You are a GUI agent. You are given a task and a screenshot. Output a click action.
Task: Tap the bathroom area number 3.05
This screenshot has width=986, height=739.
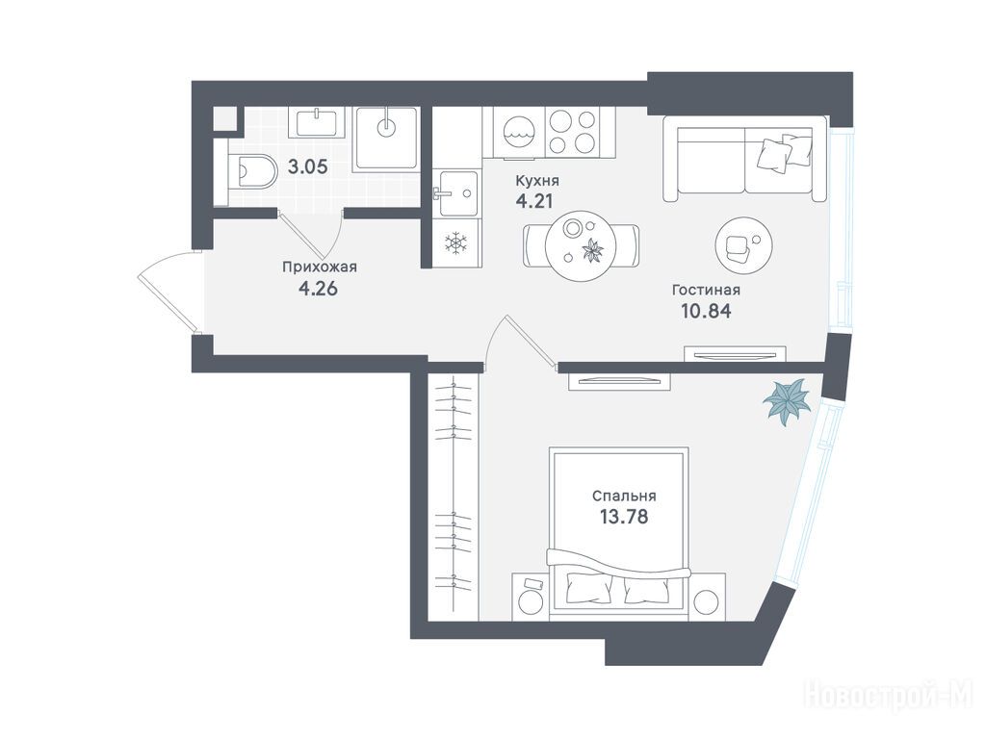(307, 167)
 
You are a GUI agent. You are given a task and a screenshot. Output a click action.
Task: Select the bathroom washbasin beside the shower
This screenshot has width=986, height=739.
(317, 122)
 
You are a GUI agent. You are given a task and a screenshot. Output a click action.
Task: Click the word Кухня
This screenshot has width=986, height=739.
(537, 181)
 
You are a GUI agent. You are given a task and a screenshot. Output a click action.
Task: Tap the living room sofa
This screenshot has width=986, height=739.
(744, 159)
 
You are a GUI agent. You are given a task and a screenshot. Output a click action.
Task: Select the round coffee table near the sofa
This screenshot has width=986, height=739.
(744, 244)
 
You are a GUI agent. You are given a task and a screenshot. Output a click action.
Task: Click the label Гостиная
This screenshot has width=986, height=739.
(706, 291)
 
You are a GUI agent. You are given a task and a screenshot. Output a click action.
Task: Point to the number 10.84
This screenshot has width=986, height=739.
(706, 311)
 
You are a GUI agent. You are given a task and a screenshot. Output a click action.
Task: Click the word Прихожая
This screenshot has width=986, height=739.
(320, 268)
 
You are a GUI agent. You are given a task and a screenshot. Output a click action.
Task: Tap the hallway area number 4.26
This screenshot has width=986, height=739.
(319, 289)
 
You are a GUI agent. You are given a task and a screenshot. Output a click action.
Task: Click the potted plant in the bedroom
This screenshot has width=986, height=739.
(787, 400)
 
